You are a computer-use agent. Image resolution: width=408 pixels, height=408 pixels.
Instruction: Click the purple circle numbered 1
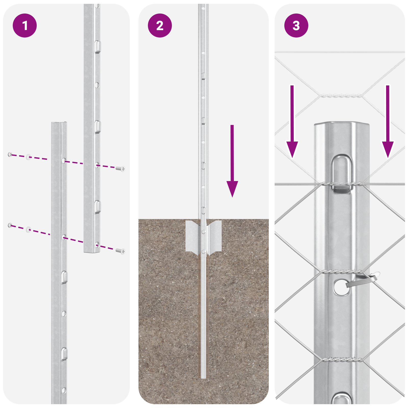pos(25,25)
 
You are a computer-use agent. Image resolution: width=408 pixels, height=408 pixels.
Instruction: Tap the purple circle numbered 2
pos(160,25)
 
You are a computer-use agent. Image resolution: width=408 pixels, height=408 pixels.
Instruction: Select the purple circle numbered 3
pos(296,25)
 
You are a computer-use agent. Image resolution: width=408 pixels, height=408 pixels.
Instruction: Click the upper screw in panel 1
pos(120,169)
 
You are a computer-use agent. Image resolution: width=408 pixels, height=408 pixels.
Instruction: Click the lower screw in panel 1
pos(120,251)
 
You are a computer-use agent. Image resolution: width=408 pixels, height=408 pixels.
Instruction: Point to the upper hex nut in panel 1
pos(10,154)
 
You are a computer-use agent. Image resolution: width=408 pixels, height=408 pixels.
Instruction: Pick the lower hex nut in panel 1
pos(10,225)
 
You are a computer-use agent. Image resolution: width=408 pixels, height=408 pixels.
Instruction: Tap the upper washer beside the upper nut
pos(28,157)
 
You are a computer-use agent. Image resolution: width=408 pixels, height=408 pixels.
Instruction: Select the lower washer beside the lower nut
pos(28,229)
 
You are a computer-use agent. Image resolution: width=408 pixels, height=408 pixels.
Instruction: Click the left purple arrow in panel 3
pos(292,122)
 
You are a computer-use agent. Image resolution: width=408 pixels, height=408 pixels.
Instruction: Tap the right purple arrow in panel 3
pos(388,122)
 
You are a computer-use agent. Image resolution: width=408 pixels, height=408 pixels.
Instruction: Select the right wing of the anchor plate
pos(215,236)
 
